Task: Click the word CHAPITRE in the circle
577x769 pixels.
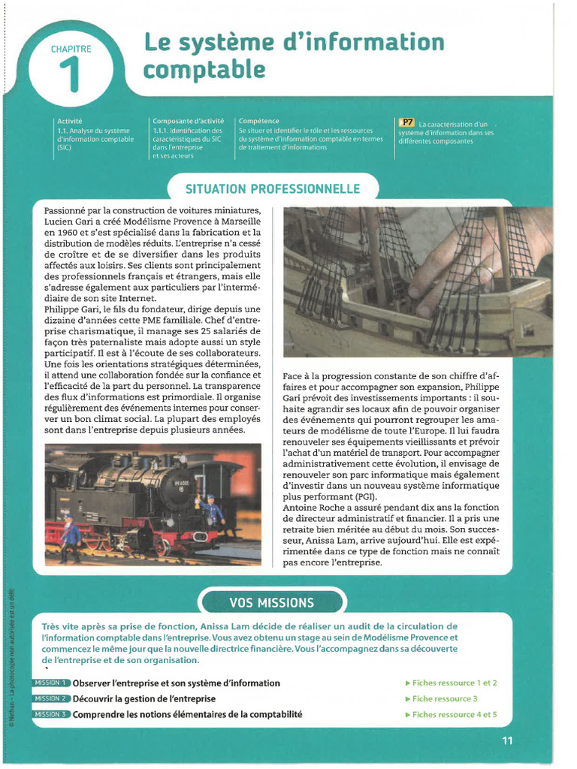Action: click(x=71, y=49)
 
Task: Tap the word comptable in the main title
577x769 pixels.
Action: click(x=204, y=70)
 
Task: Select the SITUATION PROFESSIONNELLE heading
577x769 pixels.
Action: click(x=273, y=188)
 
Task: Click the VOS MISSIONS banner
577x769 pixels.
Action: click(x=272, y=602)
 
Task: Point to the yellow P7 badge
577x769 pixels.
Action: click(x=406, y=122)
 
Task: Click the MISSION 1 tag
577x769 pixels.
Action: click(x=51, y=683)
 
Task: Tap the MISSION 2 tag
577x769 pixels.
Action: click(x=51, y=698)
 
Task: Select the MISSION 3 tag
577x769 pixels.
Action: click(x=51, y=714)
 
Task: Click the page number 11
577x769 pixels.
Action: click(x=507, y=740)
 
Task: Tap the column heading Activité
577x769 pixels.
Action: click(x=69, y=121)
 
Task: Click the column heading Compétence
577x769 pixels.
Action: click(x=259, y=121)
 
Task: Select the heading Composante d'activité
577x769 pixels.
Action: click(x=188, y=121)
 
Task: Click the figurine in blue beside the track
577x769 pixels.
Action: click(x=71, y=536)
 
